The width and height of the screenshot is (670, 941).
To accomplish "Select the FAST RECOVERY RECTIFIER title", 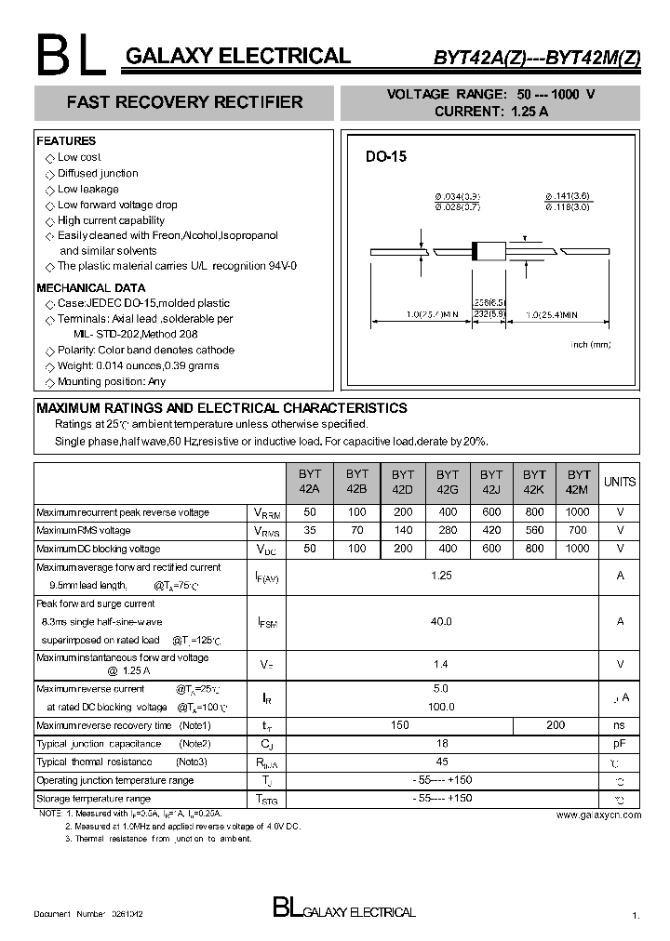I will tap(184, 102).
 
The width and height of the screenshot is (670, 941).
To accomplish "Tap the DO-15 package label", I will tap(385, 157).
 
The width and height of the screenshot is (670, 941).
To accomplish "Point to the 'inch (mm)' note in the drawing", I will tap(591, 345).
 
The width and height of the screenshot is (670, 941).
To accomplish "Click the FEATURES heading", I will tap(66, 141).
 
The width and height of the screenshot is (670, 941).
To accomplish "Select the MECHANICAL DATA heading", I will tap(90, 288).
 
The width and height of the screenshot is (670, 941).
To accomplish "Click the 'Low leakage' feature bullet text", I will tap(88, 189).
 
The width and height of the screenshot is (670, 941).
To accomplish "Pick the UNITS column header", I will tap(620, 482).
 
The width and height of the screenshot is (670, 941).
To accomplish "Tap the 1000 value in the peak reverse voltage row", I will tap(577, 512).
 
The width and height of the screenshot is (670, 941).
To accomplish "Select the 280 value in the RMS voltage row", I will tap(448, 530).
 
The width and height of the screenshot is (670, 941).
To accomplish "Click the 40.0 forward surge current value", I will tap(441, 621).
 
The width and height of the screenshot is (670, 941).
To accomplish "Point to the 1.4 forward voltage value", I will tap(441, 664).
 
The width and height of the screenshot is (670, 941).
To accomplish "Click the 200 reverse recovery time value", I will tap(556, 725).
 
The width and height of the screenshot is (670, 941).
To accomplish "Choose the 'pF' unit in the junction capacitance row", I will tap(620, 744).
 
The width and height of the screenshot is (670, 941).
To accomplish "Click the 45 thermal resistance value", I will tap(441, 762).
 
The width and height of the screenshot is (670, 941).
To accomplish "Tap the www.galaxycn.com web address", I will tap(598, 815).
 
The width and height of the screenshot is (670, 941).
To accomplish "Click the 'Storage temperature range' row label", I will tap(93, 799).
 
